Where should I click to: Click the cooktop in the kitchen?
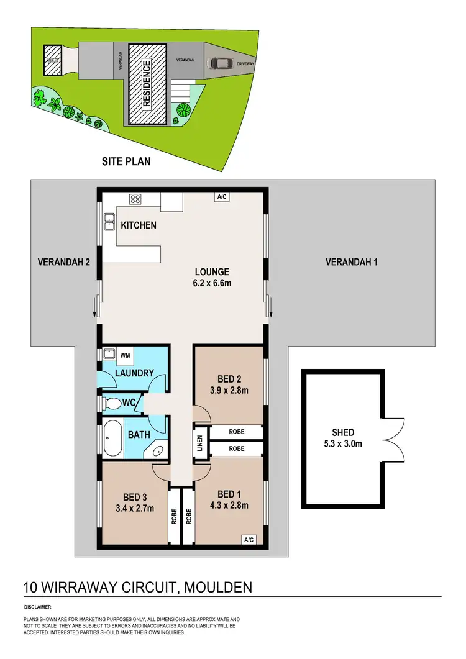pos(135,199)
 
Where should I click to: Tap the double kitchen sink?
pos(109,221)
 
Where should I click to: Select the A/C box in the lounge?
pos(221,197)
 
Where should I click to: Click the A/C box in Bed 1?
pos(249,539)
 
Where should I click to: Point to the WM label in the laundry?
pos(124,355)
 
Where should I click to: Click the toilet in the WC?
pos(112,404)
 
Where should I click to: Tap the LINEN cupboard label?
pos(200,443)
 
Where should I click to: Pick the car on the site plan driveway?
pos(221,63)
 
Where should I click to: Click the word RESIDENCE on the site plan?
pos(147,84)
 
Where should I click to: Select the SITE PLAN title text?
pos(126,161)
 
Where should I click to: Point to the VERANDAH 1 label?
pos(351,262)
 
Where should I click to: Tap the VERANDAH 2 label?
pos(64,262)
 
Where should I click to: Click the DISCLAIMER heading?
pos(38,607)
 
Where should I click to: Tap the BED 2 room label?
pos(226,379)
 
